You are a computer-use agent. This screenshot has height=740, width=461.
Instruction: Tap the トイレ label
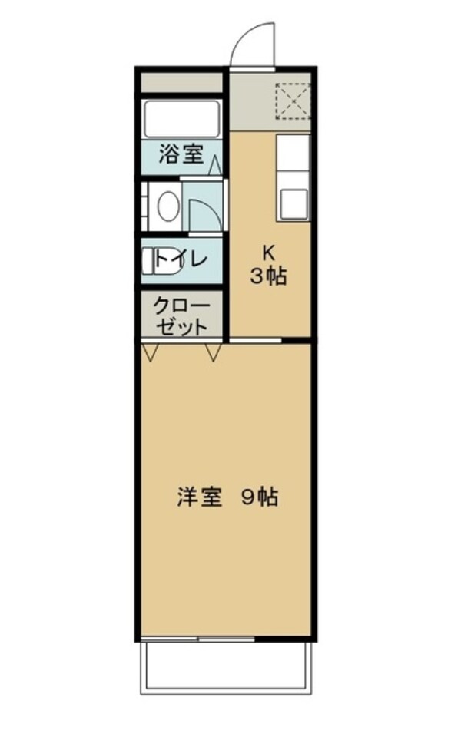point(181,259)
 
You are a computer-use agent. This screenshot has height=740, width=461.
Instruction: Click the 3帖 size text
point(268,276)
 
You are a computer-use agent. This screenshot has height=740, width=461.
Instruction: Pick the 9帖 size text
point(259,497)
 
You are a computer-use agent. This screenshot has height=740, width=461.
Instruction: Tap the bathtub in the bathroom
point(182,119)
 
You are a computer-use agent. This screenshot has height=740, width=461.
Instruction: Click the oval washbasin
point(167,205)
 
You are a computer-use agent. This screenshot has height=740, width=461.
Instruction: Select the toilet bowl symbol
point(151,259)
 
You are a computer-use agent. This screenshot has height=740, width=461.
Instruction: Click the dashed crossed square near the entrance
point(291,100)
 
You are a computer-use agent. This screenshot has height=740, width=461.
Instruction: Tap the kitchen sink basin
point(293,203)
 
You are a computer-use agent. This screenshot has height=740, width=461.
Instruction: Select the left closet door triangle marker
point(151,352)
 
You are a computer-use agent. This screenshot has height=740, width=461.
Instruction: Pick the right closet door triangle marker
point(214,352)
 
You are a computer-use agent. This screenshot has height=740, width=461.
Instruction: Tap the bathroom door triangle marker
point(215,164)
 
